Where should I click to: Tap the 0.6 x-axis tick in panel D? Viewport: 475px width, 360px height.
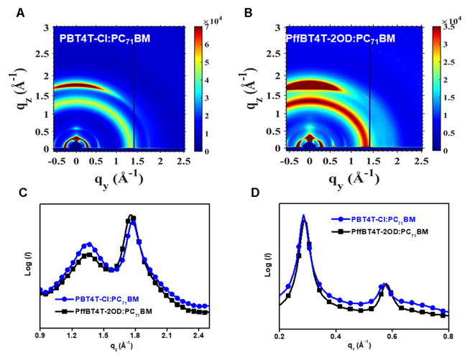[x=391, y=335]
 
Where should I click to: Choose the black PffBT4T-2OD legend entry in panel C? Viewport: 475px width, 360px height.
[x=104, y=311]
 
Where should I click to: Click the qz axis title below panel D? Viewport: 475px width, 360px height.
[x=363, y=349]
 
